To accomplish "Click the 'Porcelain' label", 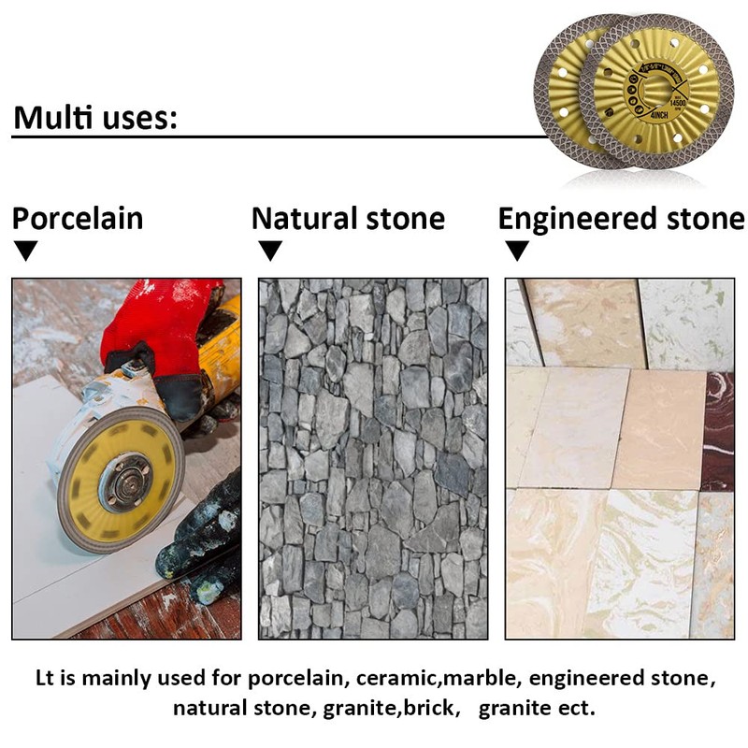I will tap(78, 219).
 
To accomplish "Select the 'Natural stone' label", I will tap(348, 219).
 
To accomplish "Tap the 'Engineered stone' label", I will tap(621, 219).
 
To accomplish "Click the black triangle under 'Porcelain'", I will tap(27, 251).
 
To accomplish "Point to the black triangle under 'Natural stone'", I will tap(270, 251).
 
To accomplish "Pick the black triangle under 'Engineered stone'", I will tap(517, 251).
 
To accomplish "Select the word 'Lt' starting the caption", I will tap(47, 677).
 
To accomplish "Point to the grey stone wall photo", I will tap(372, 458).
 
